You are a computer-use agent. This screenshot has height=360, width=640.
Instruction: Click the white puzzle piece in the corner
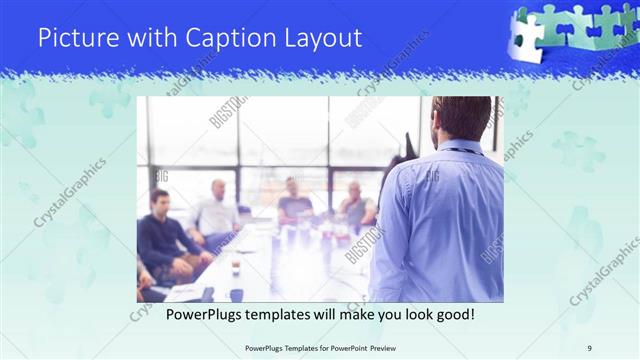click(x=527, y=35)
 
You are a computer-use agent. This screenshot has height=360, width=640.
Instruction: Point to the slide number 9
click(x=590, y=347)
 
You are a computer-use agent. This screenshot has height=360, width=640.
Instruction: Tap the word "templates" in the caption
click(x=275, y=314)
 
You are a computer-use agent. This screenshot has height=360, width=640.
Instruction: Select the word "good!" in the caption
click(x=452, y=314)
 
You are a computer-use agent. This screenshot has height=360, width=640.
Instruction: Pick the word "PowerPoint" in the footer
click(x=345, y=347)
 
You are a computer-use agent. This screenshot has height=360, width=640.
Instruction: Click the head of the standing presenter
click(x=461, y=117)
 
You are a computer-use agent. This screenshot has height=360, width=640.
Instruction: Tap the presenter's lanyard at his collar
click(x=457, y=149)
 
